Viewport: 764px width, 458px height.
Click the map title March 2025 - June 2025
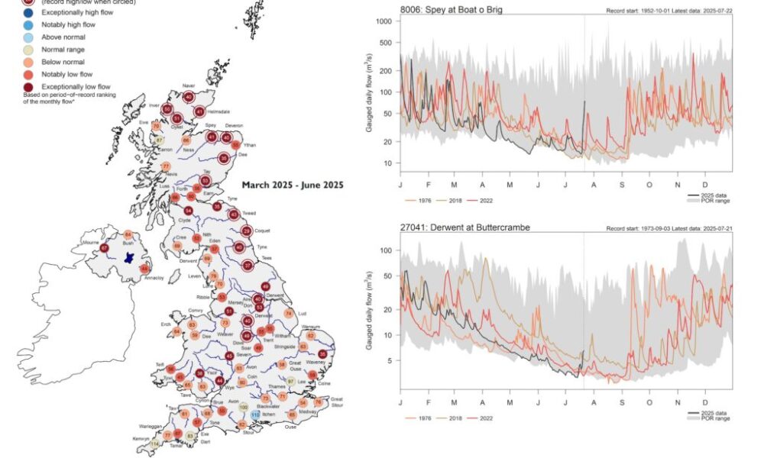coord(293,185)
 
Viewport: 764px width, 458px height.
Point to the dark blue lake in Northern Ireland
coord(128,251)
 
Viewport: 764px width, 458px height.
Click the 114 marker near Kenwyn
coord(156,443)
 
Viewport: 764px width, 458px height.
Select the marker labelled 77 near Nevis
coord(166,167)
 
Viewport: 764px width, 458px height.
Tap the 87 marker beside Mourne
coord(105,248)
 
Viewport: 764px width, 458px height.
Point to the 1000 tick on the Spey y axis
coord(384,21)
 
